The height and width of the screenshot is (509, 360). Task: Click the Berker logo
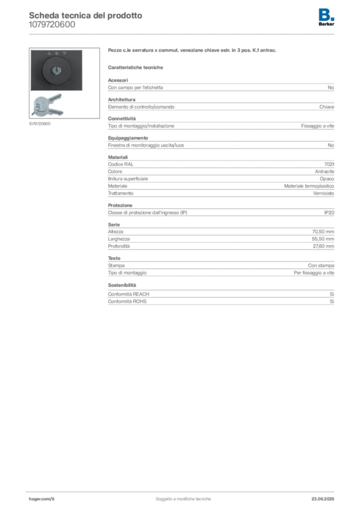(x=326, y=17)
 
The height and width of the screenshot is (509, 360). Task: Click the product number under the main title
(x=52, y=25)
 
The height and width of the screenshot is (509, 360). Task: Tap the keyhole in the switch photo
(x=57, y=70)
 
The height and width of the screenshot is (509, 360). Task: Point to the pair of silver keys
(x=47, y=105)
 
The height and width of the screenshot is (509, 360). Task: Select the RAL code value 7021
(x=329, y=164)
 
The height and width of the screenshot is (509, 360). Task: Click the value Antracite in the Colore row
(x=324, y=171)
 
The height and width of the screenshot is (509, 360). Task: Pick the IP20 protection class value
(x=329, y=213)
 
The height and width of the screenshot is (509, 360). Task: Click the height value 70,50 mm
(x=323, y=232)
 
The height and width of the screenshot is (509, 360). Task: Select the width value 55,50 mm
(x=323, y=239)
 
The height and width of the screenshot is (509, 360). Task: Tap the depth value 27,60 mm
(x=323, y=246)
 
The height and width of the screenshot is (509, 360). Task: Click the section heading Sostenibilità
(x=122, y=285)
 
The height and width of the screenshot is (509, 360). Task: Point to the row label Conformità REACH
(x=129, y=294)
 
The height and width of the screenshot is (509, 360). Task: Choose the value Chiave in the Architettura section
(x=327, y=107)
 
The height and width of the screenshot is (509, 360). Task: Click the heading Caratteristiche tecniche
(x=135, y=68)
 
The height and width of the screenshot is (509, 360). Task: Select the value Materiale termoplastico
(x=309, y=186)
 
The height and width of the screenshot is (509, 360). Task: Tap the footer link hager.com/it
(x=42, y=499)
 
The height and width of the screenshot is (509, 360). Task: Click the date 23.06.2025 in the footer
(x=323, y=499)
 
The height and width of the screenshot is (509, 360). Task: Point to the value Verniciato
(x=324, y=193)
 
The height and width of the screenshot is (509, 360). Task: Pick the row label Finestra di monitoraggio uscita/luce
(x=146, y=145)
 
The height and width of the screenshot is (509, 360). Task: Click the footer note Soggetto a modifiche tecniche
(x=183, y=499)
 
